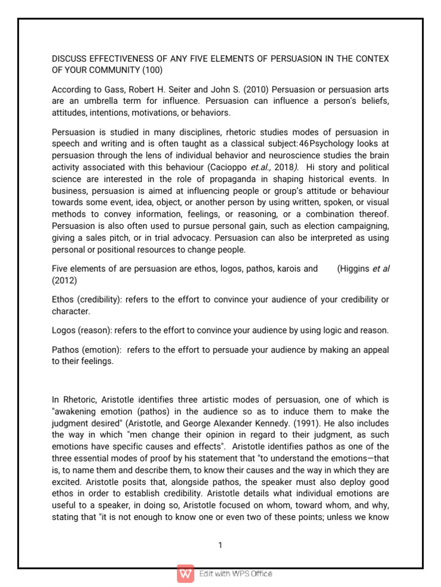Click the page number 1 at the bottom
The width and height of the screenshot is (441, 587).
coord(220,545)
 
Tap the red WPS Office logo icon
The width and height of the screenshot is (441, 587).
coord(185,573)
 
